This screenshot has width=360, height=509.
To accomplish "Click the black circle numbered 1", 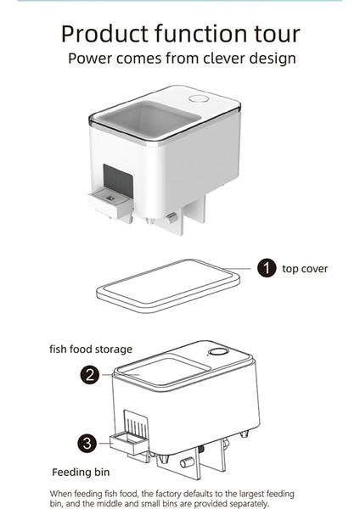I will coord(267,268).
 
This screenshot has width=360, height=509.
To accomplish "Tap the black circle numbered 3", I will coord(87,442).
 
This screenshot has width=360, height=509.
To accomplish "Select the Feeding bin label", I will coord(83,473).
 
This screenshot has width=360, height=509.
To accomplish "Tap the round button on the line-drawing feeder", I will coord(217,352).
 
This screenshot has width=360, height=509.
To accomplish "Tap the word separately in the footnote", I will coord(242,502).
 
